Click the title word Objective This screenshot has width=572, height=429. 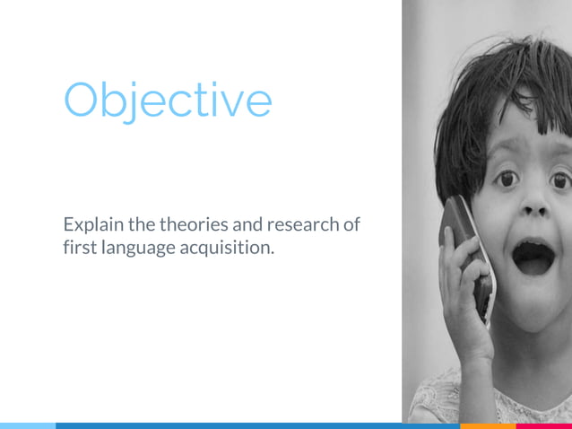[167, 101]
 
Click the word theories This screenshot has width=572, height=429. [194, 223]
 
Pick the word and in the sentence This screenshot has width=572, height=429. [248, 223]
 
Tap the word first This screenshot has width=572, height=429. [78, 247]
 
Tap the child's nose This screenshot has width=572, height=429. [534, 209]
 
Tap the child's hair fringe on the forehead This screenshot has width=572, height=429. [502, 99]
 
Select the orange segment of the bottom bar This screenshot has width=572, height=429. [488, 425]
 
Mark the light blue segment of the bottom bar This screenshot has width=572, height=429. [27, 425]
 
